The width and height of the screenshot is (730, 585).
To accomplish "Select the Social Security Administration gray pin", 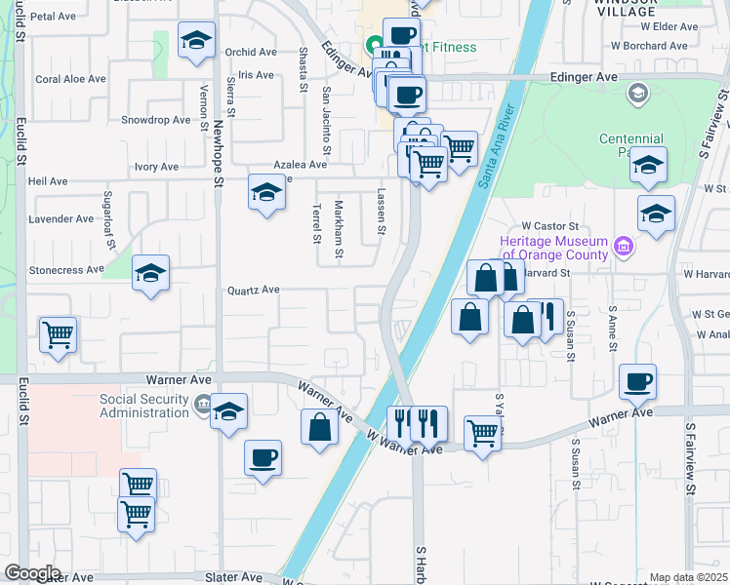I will click(x=202, y=403).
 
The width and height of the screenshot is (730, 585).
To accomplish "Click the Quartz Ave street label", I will click(x=254, y=290).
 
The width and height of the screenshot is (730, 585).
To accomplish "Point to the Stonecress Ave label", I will click(x=66, y=269).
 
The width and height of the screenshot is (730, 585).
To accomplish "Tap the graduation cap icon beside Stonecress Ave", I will click(x=151, y=273).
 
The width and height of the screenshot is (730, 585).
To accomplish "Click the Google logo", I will click(x=31, y=573).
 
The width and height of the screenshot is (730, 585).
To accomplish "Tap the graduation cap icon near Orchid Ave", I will click(x=197, y=40).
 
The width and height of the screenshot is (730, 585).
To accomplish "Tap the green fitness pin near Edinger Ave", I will click(x=373, y=45).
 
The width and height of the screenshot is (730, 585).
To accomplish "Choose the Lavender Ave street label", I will click(x=61, y=218).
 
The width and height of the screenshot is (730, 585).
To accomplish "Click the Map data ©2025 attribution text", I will click(x=688, y=577).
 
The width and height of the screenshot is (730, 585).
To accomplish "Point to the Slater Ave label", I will click(x=232, y=577).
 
